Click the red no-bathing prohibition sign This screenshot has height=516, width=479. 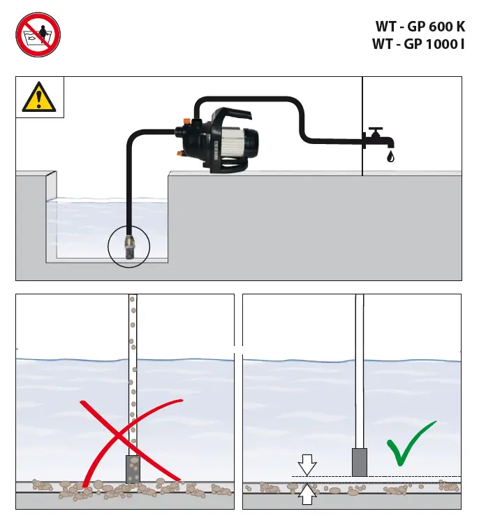pos(38,35)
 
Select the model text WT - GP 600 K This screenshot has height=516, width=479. pos(420,27)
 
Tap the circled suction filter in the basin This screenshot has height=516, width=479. pos(129,246)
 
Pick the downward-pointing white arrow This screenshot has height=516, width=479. pos(307,464)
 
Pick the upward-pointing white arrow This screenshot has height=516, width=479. pos(307,495)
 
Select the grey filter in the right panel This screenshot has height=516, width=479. pos(360,462)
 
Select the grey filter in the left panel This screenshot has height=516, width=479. pos(133,468)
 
